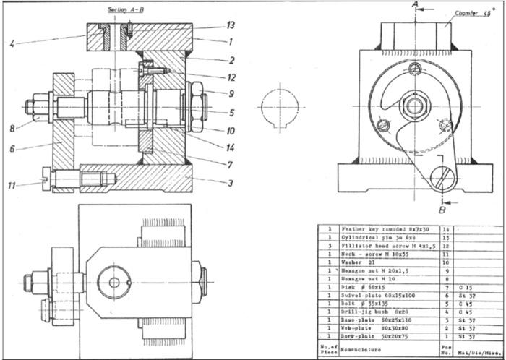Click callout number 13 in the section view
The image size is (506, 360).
click(x=231, y=25)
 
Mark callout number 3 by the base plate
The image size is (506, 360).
click(x=231, y=183)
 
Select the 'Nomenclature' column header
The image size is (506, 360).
click(x=361, y=348)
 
